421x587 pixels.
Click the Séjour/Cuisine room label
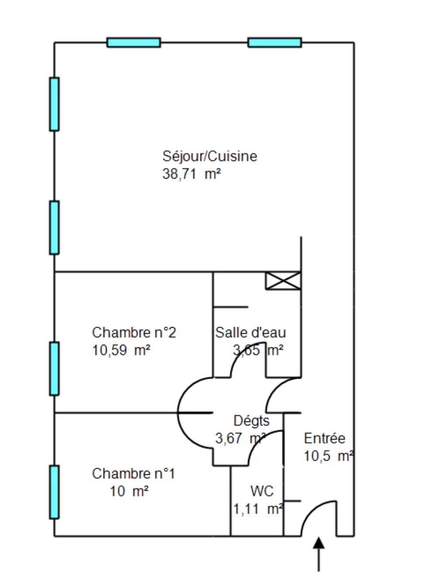point(210,156)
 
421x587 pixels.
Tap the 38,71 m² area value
point(191,174)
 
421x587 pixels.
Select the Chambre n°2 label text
point(134,332)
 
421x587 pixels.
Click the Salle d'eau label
point(250,332)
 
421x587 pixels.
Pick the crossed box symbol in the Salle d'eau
point(283,280)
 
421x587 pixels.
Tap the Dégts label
point(252,421)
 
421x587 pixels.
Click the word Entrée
point(324,438)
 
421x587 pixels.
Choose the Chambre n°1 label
point(134,473)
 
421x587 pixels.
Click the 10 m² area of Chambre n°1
point(129,491)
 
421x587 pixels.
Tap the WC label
point(262,491)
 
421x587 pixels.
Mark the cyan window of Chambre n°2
point(54,369)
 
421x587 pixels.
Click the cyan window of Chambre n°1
point(54,492)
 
